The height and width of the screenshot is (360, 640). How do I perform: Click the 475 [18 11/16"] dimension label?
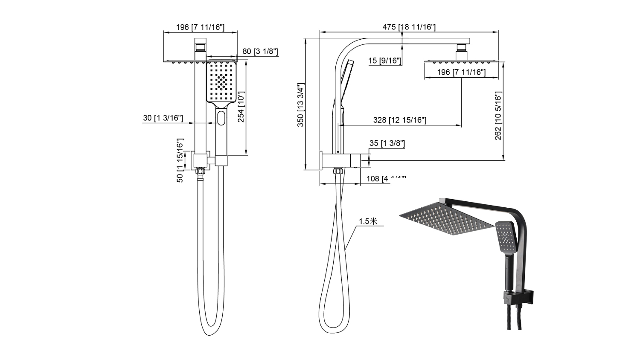[409, 27]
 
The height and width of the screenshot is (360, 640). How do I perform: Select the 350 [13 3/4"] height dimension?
[301, 105]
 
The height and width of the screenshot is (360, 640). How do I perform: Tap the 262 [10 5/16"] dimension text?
[498, 116]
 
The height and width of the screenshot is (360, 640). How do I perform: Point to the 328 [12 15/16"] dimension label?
[399, 120]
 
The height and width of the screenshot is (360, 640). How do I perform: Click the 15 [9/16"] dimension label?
[385, 61]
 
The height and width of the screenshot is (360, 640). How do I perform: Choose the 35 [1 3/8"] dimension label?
[387, 143]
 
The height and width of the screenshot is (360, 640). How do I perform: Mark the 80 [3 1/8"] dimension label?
[260, 52]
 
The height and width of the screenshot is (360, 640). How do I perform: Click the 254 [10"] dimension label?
[241, 107]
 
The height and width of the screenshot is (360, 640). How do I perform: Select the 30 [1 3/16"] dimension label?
[163, 118]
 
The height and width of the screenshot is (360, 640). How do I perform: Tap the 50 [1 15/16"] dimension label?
[180, 160]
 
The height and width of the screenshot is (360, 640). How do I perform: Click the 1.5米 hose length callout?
[368, 221]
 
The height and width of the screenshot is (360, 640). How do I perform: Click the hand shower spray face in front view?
[221, 82]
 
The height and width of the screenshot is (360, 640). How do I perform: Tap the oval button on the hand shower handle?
[221, 118]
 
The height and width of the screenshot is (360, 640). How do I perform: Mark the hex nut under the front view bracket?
[201, 171]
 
